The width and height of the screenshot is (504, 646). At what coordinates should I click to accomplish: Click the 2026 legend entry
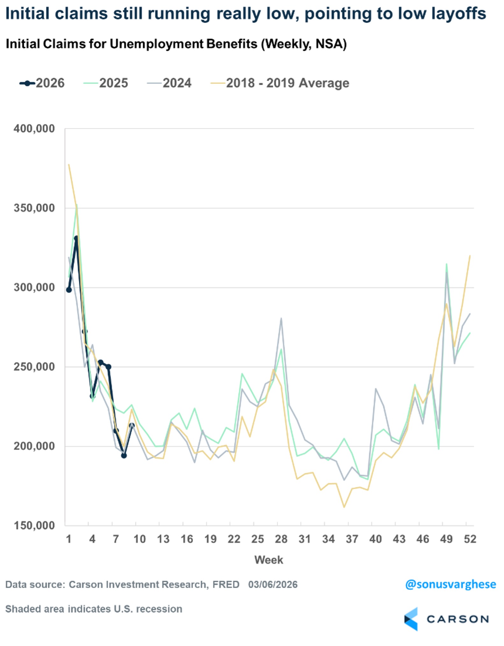[x=42, y=83]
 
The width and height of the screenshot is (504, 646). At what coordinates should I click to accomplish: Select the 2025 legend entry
[x=106, y=83]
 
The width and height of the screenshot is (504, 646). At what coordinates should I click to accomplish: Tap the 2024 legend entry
[x=169, y=83]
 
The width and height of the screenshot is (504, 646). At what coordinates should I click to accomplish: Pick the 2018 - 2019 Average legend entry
[x=280, y=83]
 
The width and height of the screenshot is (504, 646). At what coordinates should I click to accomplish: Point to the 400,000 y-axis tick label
[x=34, y=129]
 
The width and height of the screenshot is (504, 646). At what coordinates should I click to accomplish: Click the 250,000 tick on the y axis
[x=34, y=367]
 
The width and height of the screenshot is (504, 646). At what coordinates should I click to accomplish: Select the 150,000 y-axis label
[x=34, y=526]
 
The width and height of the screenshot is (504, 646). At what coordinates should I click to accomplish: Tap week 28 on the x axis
[x=281, y=539]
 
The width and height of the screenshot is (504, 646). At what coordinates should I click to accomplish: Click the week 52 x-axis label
[x=470, y=539]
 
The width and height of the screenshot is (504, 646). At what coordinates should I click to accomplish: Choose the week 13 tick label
[x=163, y=539]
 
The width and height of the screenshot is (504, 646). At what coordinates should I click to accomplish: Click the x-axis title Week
[x=269, y=560]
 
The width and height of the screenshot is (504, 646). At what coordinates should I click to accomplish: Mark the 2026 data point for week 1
[x=69, y=290]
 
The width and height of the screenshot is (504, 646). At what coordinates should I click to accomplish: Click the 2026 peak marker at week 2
[x=76, y=238]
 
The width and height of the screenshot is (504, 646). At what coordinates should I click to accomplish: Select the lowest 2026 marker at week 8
[x=124, y=456]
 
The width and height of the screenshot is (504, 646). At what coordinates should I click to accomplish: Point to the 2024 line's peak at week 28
[x=281, y=318]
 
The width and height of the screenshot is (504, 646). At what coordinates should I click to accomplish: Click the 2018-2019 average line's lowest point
[x=344, y=507]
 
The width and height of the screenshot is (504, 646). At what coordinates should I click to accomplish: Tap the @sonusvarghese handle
[x=450, y=585]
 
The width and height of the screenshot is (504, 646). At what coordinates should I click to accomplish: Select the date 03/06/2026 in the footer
[x=273, y=585]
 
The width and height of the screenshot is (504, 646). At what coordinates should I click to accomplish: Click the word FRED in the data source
[x=226, y=585]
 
